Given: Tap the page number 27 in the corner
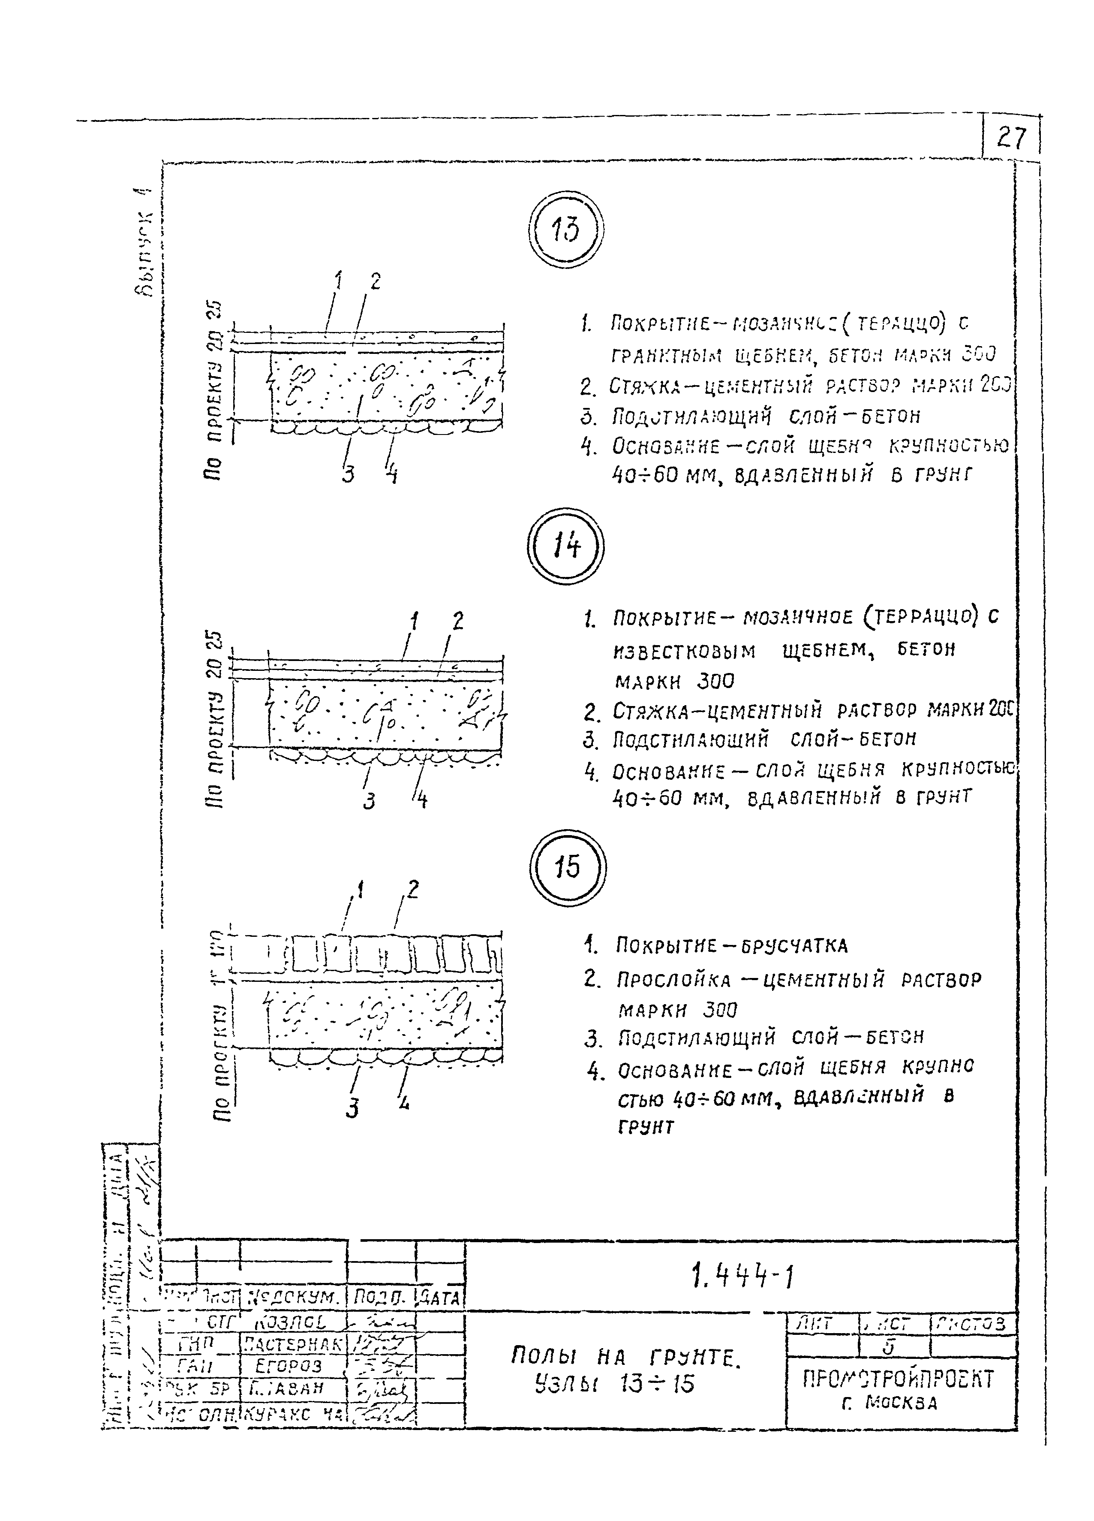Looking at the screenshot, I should [1011, 138].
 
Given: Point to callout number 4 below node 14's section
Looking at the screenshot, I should [421, 800].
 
